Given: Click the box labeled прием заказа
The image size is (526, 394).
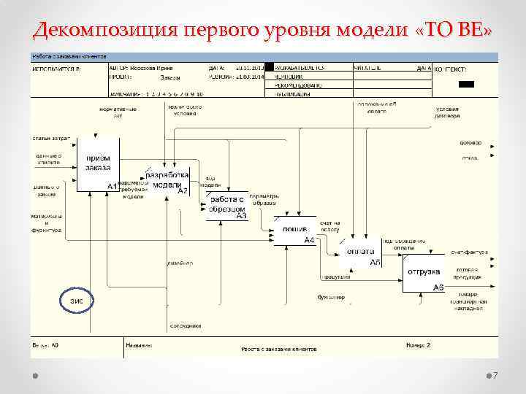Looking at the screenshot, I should (x=98, y=163).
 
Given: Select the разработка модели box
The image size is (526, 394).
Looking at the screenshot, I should (x=167, y=181).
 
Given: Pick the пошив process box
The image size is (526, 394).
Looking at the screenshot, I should (x=295, y=230).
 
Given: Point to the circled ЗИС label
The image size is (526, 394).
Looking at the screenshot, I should (x=77, y=300).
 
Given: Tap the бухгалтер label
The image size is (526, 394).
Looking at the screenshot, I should (x=331, y=297).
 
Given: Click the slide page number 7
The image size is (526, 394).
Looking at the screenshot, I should (x=495, y=376).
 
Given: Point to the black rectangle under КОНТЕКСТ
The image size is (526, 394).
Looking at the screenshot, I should (x=466, y=85).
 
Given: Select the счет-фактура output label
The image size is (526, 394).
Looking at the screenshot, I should (x=468, y=252).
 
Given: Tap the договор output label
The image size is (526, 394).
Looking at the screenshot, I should (x=469, y=142).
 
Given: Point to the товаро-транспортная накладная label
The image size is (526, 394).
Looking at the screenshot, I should (x=468, y=304).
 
